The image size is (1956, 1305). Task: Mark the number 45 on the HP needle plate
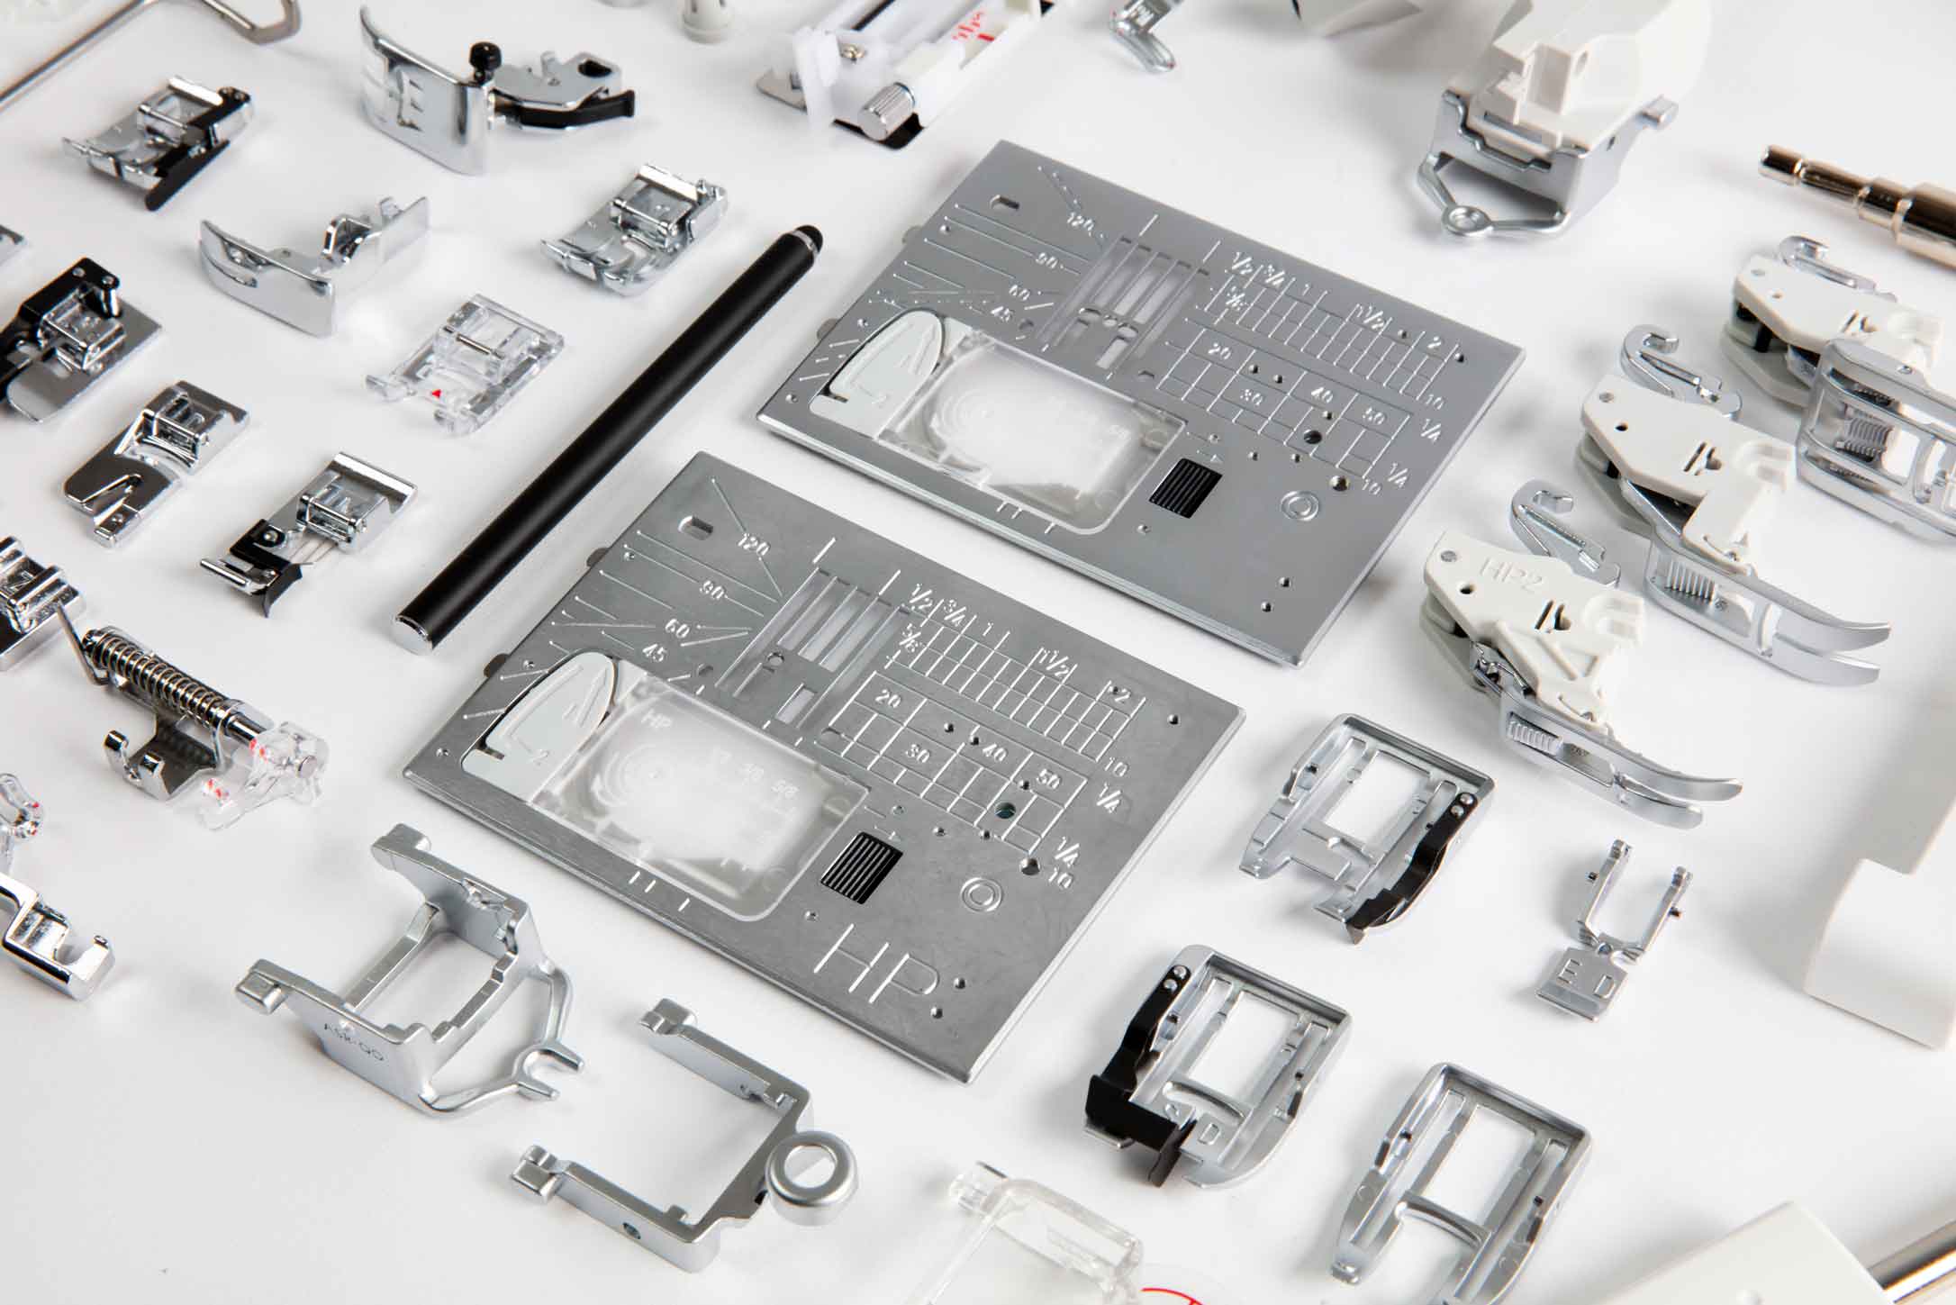tap(655, 654)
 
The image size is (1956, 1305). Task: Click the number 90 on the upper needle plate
tap(1046, 260)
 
